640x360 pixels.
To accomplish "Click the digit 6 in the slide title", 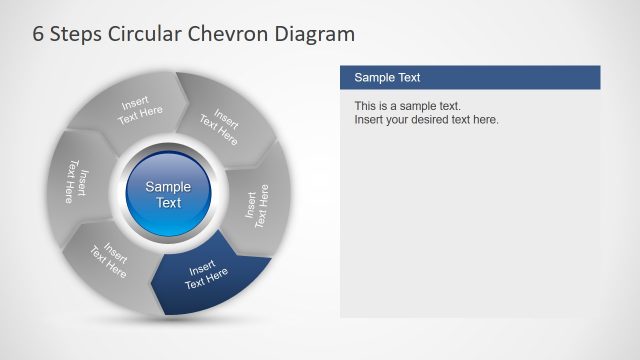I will click(40, 35).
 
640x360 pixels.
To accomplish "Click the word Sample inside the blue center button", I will click(168, 187).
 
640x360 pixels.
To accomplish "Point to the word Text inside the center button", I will click(168, 203).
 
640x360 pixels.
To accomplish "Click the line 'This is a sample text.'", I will click(407, 106).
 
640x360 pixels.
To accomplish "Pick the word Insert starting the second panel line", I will click(370, 120).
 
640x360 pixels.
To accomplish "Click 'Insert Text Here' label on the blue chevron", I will click(208, 274).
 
